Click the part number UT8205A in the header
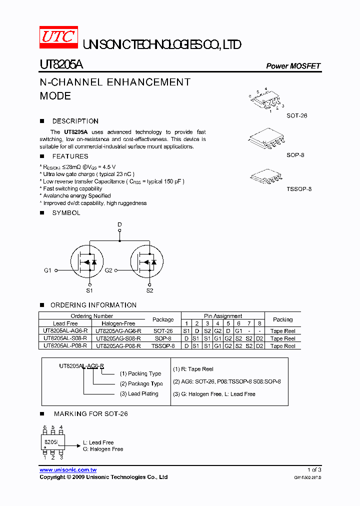point(61,65)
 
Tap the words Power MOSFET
point(293,66)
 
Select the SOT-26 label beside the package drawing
point(296,115)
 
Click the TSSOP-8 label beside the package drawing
point(299,189)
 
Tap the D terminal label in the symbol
point(119,225)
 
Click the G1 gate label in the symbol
point(47,270)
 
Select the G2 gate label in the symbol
point(108,270)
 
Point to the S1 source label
point(89,290)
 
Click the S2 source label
point(149,290)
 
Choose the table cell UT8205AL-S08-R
point(65,338)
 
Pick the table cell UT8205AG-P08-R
point(118,346)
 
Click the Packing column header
point(283,319)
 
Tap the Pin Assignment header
point(223,316)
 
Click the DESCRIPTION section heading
point(75,121)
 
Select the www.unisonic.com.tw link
point(68,470)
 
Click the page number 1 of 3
point(314,470)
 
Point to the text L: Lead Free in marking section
point(98,442)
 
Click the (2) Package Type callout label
point(141,383)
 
